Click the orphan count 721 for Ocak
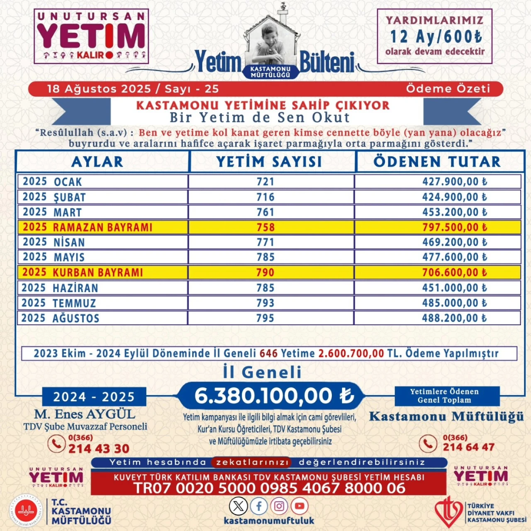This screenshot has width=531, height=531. [265, 182]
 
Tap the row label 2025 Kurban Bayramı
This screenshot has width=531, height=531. [83, 273]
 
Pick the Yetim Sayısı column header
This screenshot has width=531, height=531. [269, 162]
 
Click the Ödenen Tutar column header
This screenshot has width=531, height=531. [437, 162]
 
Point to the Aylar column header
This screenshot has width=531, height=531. [97, 162]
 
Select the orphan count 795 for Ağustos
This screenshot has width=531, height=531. [265, 318]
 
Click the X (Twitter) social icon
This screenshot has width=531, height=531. [239, 506]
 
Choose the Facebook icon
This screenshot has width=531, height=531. [259, 506]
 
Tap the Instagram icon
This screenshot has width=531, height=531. [279, 506]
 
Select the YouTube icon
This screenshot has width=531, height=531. [300, 506]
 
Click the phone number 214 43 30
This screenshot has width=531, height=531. [99, 448]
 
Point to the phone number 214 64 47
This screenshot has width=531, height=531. [468, 447]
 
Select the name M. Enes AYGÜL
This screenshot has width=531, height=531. [85, 414]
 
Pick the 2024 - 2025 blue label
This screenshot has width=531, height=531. [94, 397]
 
